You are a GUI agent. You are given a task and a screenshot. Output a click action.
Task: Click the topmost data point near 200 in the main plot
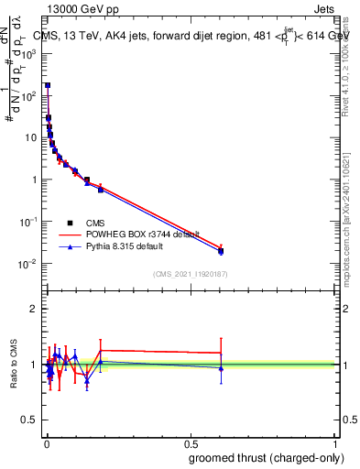(48, 85)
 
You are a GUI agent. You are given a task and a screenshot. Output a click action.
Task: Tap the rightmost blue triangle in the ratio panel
(221, 368)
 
